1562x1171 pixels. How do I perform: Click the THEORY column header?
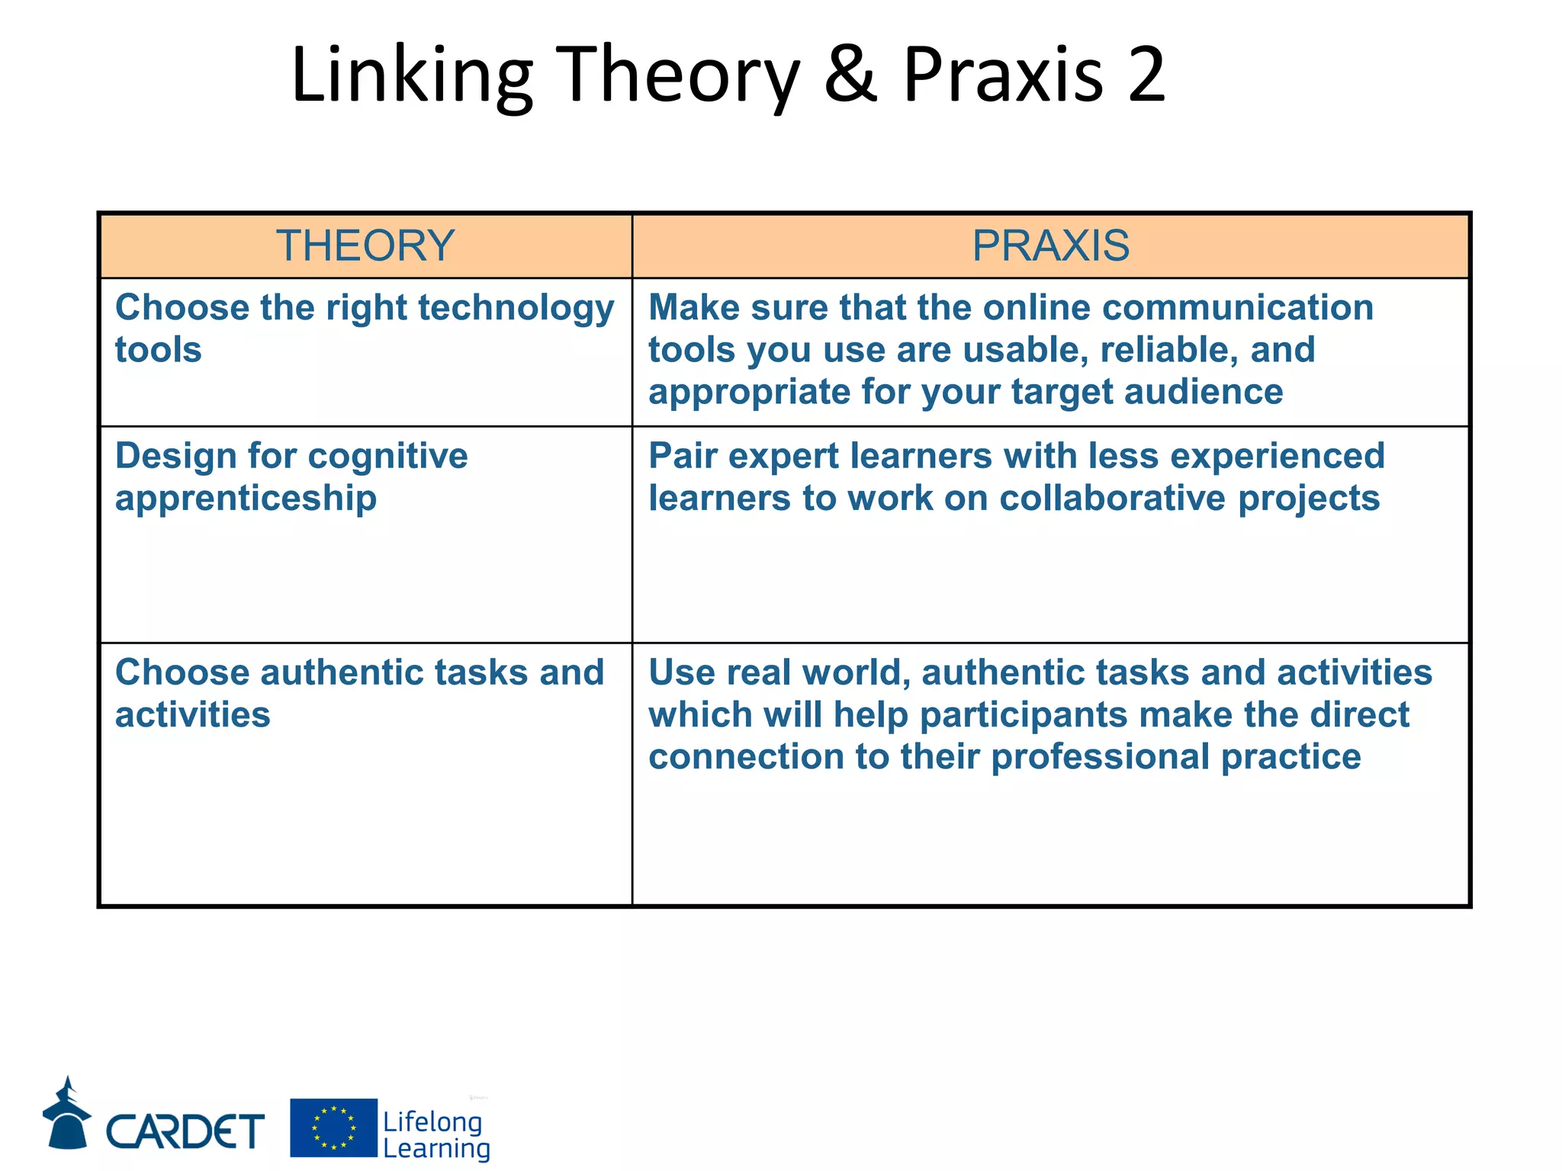(365, 245)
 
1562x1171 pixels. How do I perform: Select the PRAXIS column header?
(1050, 245)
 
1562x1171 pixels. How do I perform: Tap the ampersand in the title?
(851, 74)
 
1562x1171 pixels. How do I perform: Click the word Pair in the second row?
(682, 456)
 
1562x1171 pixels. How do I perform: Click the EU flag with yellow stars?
(333, 1128)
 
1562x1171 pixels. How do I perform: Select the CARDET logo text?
(185, 1131)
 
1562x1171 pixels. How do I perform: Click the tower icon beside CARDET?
(67, 1114)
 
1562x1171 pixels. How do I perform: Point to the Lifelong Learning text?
(435, 1134)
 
